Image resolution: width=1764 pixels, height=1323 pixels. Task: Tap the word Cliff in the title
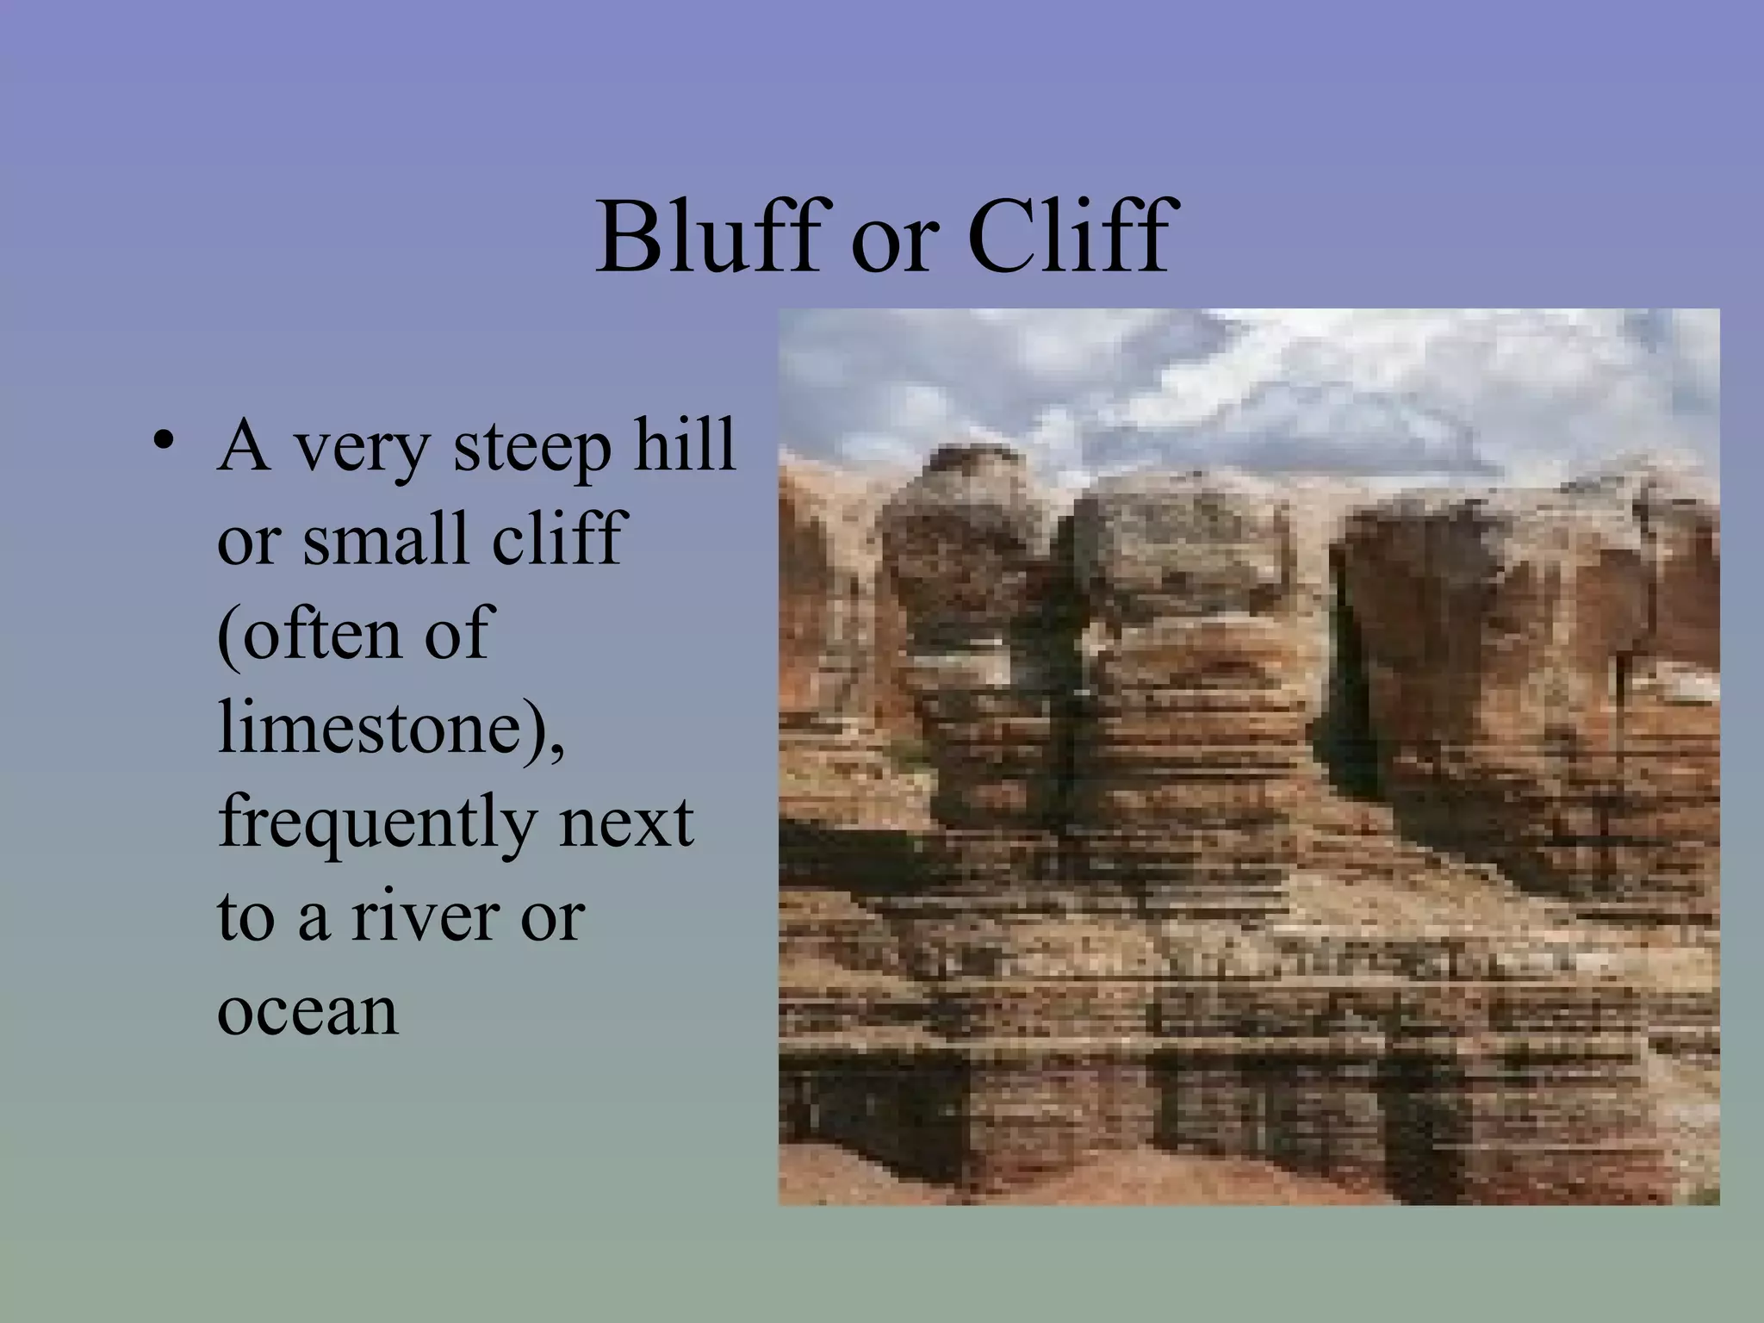1068,236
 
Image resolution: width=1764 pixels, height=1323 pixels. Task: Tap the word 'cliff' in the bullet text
556,538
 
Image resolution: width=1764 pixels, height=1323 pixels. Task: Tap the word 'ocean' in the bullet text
307,1012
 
